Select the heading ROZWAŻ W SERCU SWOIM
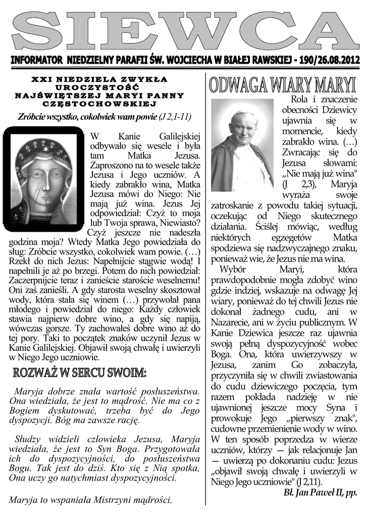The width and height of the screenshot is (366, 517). (x=80, y=374)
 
